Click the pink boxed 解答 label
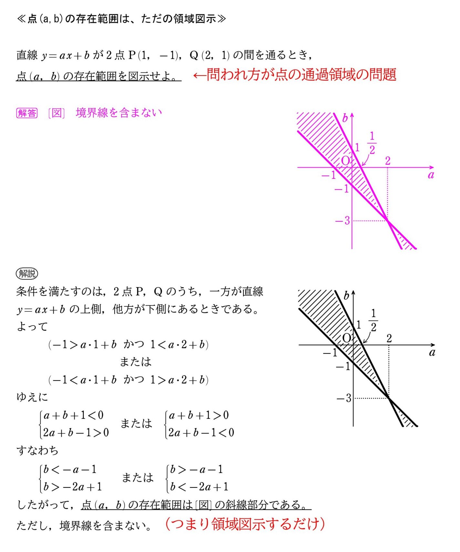tap(27, 113)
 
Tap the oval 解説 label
tap(27, 274)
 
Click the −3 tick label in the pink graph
tap(343, 221)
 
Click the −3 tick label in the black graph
tap(344, 398)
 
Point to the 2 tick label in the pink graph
tap(388, 161)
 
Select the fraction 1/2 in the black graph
tap(373, 321)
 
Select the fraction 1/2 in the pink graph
tap(372, 143)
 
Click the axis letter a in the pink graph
tap(431, 175)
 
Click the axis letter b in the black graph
tap(347, 295)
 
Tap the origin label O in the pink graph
tap(345, 161)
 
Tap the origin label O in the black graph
tap(346, 338)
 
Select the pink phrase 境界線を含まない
tap(119, 113)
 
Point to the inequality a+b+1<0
tap(74, 415)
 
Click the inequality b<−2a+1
tap(199, 487)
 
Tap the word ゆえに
tap(32, 397)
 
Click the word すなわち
tap(37, 451)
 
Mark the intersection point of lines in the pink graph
tap(388, 220)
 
